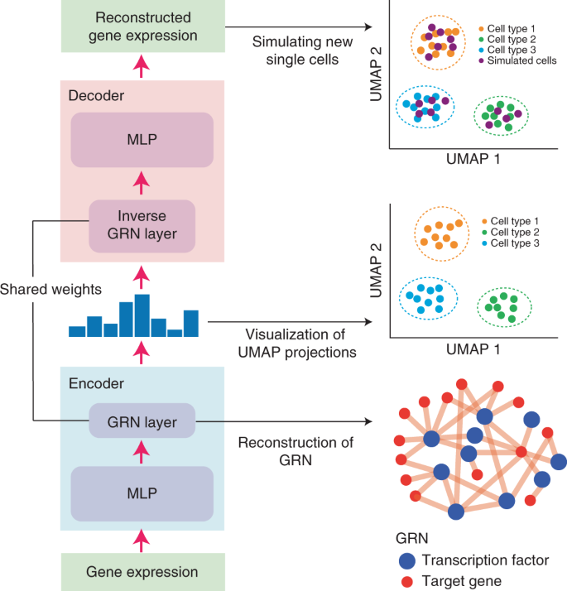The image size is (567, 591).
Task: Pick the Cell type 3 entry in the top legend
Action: [x=512, y=48]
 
